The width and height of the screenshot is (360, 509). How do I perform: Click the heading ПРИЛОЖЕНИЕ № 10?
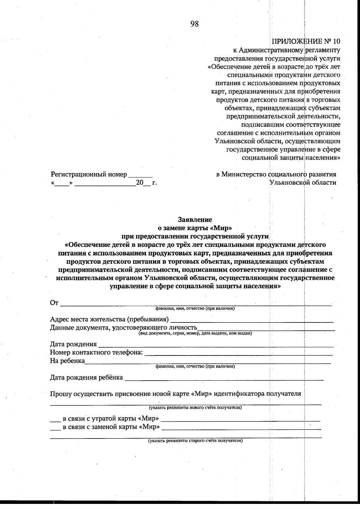point(306,41)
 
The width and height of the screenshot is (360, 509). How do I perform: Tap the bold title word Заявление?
point(195,220)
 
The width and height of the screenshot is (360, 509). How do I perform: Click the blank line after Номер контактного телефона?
point(238,355)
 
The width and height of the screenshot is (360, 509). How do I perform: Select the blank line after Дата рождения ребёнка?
point(224,380)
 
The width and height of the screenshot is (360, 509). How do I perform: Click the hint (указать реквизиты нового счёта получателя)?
point(195,408)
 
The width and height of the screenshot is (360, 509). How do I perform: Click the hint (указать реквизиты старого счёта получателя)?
point(195,441)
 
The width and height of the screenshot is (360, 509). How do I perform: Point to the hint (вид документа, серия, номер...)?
point(195,333)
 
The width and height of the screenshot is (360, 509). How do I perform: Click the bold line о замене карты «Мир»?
point(195,228)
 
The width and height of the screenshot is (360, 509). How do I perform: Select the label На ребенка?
point(67,361)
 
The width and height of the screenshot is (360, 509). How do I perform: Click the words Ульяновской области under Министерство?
point(303,182)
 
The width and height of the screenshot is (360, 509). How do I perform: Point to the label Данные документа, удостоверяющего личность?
point(123,328)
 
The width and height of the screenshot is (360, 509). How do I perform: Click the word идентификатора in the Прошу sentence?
point(239,394)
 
